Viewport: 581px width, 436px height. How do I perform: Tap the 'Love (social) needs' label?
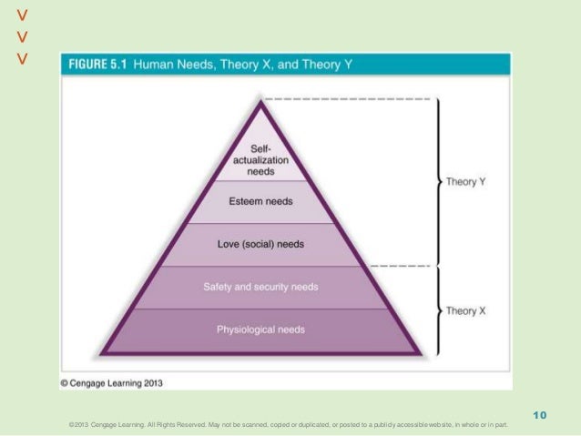[260, 244]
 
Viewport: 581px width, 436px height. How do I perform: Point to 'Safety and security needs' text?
[260, 287]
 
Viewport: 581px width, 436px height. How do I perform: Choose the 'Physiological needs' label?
[260, 329]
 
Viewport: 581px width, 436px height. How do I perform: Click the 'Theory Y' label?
[465, 182]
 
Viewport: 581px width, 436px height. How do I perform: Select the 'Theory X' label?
[465, 310]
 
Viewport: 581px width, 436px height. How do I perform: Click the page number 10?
[539, 416]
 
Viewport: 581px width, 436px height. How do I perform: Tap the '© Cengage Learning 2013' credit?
[112, 383]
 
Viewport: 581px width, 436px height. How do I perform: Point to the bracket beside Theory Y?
[439, 182]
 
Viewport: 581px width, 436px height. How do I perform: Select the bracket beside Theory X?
[439, 310]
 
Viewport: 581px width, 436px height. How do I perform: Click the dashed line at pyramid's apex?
[346, 96]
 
